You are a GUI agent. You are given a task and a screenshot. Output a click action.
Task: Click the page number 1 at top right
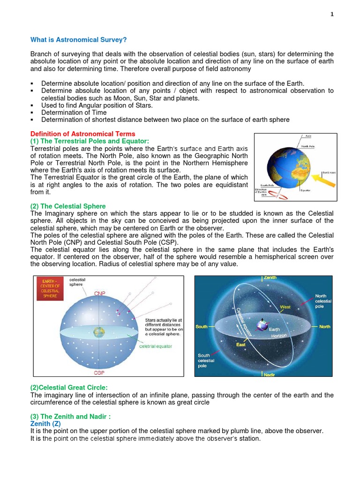[x=332, y=15]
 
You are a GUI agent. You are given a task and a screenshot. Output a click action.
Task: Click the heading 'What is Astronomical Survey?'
[x=79, y=40]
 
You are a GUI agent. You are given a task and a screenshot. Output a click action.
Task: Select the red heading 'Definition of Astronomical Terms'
[x=82, y=134]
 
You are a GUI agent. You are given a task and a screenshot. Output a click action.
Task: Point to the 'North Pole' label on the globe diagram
[x=308, y=146]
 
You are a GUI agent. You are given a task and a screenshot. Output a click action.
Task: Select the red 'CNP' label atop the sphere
[x=99, y=293]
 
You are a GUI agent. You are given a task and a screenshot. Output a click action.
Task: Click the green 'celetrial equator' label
[x=156, y=346]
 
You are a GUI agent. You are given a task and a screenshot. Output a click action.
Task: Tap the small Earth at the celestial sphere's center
[x=99, y=332]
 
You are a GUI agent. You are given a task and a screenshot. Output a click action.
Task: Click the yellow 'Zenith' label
[x=270, y=278]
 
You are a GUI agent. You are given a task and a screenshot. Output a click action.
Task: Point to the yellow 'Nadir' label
[x=270, y=375]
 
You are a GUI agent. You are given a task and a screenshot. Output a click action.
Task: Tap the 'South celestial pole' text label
[x=206, y=360]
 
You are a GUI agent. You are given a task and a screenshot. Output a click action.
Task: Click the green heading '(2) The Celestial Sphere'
[x=68, y=206]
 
